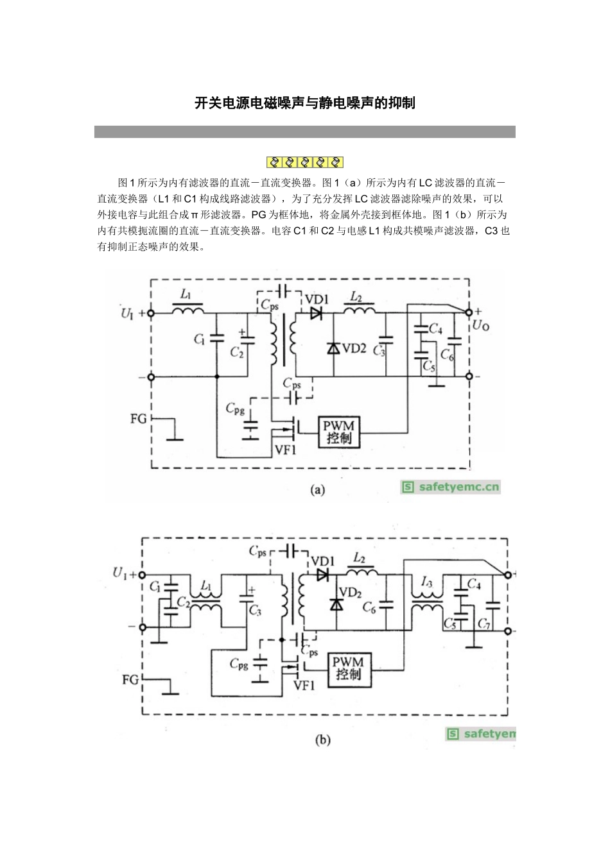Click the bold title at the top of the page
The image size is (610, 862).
tap(305, 103)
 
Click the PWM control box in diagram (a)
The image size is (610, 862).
tap(338, 432)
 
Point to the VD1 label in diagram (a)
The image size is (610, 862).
tap(317, 300)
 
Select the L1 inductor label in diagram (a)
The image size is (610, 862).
tap(186, 295)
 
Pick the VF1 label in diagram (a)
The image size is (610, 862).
tap(285, 450)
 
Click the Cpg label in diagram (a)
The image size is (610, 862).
tap(235, 409)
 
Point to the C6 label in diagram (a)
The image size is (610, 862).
tap(448, 354)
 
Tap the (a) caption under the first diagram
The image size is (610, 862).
tap(318, 490)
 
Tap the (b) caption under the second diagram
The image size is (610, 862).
tap(322, 739)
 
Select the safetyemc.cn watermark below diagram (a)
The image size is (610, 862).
tap(450, 487)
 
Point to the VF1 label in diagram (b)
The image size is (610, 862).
tap(304, 686)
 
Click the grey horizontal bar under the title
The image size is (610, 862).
tap(305, 131)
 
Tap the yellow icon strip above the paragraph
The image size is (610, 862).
tap(305, 162)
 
